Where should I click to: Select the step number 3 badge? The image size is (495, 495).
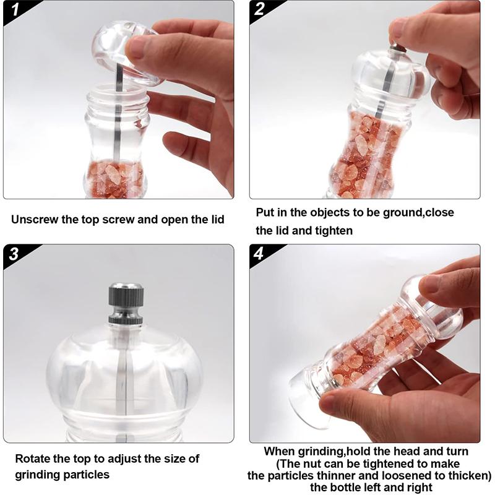tap(14, 254)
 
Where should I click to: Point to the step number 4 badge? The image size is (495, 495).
tap(260, 254)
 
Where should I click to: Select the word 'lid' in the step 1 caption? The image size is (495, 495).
tap(215, 219)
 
